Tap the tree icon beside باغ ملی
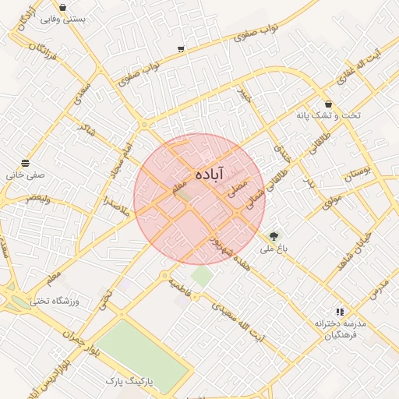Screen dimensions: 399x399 coord(274,235)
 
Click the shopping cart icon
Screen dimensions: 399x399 coord(181,49)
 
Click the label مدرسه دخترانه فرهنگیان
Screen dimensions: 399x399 coord(341,329)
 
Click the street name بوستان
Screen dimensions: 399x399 coord(359,173)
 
